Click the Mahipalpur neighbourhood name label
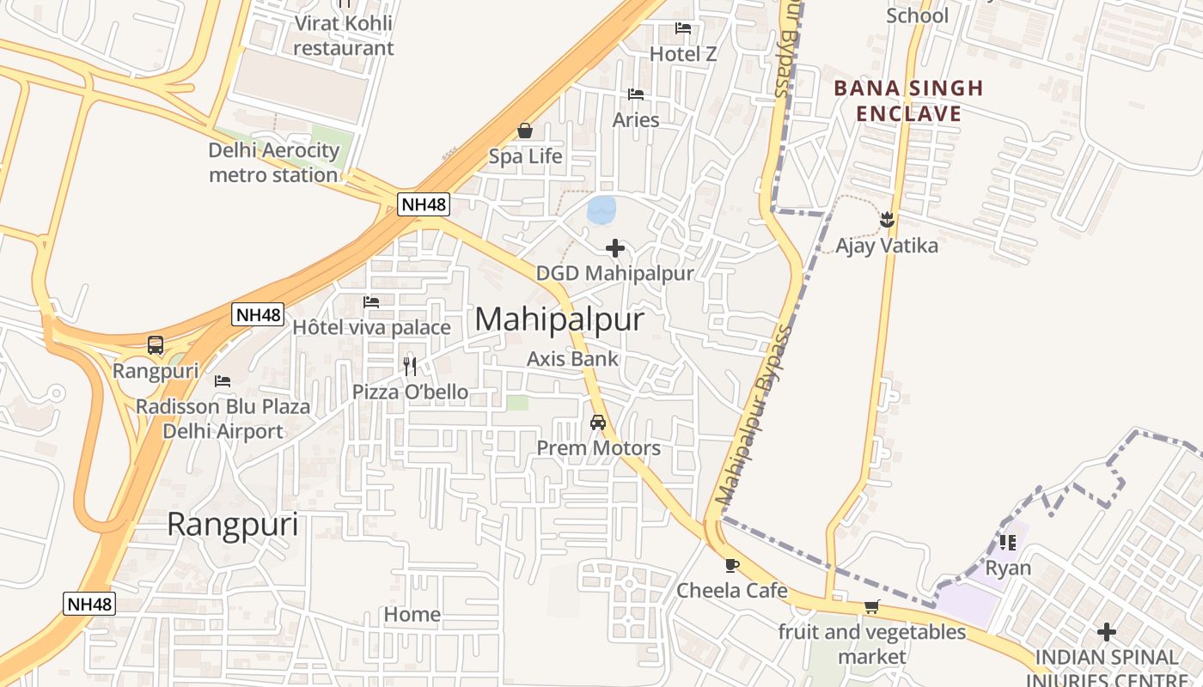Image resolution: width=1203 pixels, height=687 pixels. (559, 319)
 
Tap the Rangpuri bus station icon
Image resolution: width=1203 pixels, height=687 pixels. (156, 345)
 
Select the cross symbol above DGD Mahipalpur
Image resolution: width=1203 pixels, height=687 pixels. (615, 249)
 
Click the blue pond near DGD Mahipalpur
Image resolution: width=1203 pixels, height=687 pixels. (601, 209)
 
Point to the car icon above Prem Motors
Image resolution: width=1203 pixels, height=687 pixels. (598, 423)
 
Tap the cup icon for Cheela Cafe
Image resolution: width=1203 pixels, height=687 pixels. (731, 565)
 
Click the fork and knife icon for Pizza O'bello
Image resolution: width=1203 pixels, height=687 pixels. (411, 367)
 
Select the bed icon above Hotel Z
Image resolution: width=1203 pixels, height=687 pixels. (683, 28)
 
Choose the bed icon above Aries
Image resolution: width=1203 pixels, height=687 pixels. (636, 94)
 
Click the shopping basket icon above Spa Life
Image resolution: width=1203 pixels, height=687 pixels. (525, 131)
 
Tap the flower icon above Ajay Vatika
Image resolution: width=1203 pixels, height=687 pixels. (887, 220)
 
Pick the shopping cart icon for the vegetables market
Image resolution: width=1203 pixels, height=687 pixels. (872, 607)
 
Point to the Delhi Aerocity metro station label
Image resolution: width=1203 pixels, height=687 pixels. (274, 162)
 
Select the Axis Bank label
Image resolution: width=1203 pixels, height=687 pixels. (572, 358)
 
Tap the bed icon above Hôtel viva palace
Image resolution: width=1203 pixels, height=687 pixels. (371, 302)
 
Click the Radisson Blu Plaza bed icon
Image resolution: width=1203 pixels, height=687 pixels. (223, 381)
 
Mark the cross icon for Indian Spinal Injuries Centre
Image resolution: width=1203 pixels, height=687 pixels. (1107, 633)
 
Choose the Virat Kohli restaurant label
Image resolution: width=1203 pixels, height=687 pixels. (344, 35)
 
